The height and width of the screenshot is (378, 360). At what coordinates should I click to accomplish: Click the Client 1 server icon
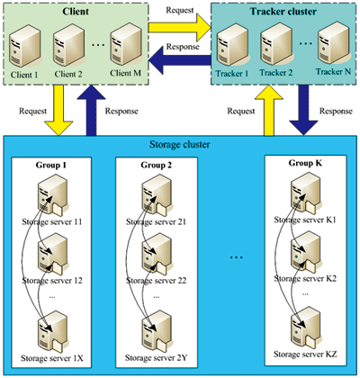24,47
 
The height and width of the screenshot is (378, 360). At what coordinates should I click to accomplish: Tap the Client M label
125,73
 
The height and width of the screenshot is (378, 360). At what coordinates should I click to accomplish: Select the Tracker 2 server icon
276,45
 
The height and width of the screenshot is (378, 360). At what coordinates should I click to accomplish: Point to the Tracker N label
333,72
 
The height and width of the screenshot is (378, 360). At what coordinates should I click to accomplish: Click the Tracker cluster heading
283,12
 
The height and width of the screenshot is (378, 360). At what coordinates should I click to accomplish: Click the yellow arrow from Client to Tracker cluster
180,28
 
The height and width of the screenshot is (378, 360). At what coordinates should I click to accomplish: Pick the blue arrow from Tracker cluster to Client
180,60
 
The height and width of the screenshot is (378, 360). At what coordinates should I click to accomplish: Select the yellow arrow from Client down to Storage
58,111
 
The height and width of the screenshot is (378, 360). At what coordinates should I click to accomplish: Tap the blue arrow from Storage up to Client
91,111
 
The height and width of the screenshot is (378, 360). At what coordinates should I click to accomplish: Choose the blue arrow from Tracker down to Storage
303,111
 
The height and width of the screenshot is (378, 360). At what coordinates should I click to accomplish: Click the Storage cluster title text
180,145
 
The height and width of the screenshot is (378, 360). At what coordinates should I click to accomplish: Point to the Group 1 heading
51,165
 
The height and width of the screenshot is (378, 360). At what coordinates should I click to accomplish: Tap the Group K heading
305,163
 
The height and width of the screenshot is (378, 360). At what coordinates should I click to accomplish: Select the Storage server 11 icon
51,194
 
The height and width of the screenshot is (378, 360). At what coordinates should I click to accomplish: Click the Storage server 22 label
156,281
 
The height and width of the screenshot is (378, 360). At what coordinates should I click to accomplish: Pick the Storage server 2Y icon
157,332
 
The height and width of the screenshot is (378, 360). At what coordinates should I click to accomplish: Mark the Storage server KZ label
305,355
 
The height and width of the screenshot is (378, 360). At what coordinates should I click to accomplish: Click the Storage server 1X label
52,358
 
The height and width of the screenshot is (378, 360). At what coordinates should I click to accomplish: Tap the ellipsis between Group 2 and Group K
237,257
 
